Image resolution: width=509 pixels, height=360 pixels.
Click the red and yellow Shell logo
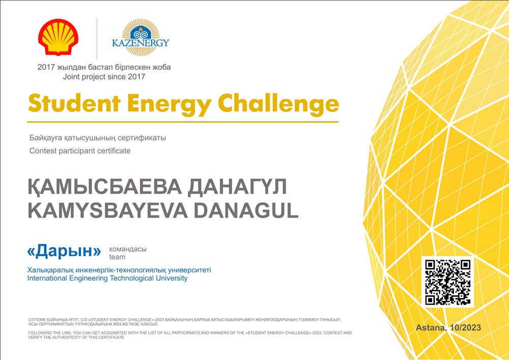pos(58,37)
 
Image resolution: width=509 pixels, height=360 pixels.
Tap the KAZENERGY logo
pos(140,37)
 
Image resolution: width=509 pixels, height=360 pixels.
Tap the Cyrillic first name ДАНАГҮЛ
pos(237,187)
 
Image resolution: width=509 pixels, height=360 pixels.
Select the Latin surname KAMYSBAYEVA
pos(107,211)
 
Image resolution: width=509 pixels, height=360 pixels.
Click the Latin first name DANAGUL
pos(246,211)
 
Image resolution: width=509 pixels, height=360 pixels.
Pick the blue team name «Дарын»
pos(64,251)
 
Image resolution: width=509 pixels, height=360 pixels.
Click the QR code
pos(447,282)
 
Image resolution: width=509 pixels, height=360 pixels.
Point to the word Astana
pos(431,328)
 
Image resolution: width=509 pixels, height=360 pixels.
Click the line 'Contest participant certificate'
pos(80,151)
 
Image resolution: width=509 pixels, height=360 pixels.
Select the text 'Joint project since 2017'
pos(104,77)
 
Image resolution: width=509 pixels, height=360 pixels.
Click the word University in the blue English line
pos(172,278)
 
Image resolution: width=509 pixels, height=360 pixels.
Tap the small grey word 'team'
pos(117,257)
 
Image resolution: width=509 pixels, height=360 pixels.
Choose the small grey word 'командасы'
pos(128,250)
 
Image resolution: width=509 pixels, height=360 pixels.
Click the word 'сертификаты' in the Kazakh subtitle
pos(142,138)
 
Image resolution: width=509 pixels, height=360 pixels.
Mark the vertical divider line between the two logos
pos(97,39)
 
